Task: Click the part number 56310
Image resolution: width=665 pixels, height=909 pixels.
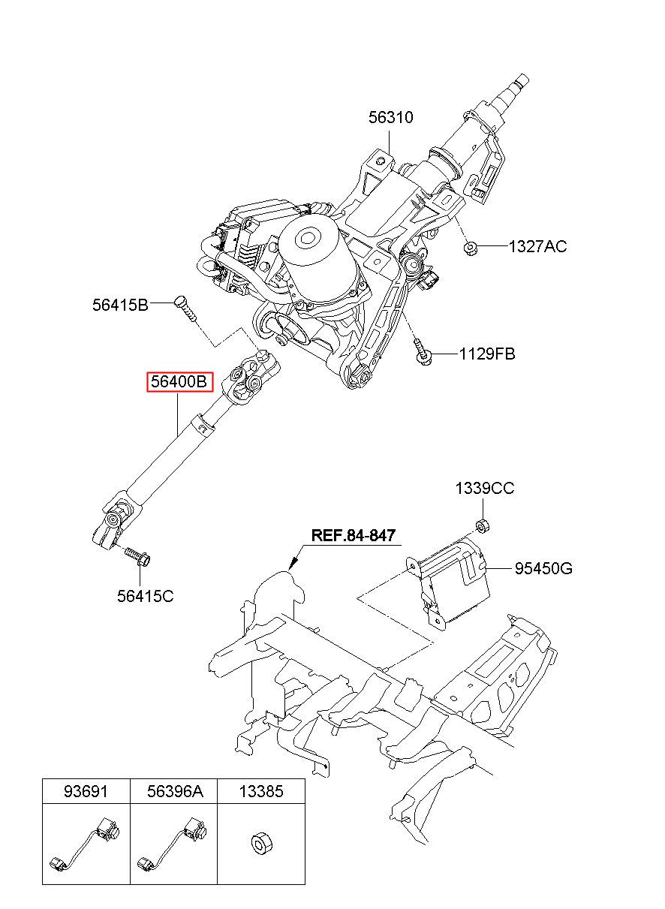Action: (x=390, y=118)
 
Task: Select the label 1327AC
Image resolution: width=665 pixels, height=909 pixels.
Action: (x=537, y=247)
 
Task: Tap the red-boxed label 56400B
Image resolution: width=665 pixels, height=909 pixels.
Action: (x=179, y=382)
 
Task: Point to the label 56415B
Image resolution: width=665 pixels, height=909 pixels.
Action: (x=121, y=305)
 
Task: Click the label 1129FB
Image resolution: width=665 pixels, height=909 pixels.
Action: (x=487, y=354)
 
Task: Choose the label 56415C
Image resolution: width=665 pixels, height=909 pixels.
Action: (x=146, y=596)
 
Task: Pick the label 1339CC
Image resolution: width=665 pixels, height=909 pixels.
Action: (x=484, y=488)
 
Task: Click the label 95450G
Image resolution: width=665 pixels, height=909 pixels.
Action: (x=543, y=568)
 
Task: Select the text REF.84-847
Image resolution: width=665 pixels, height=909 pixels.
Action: (x=353, y=535)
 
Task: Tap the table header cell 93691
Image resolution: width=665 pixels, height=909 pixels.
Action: (x=86, y=791)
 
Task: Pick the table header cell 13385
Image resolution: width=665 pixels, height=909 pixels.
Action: (x=261, y=791)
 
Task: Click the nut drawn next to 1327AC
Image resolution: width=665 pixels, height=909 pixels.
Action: (x=471, y=247)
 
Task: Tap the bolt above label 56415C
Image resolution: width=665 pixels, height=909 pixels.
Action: (x=137, y=556)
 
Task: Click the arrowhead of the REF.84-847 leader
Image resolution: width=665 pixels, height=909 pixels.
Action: (x=293, y=564)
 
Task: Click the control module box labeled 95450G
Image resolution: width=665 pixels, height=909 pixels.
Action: (x=450, y=583)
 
